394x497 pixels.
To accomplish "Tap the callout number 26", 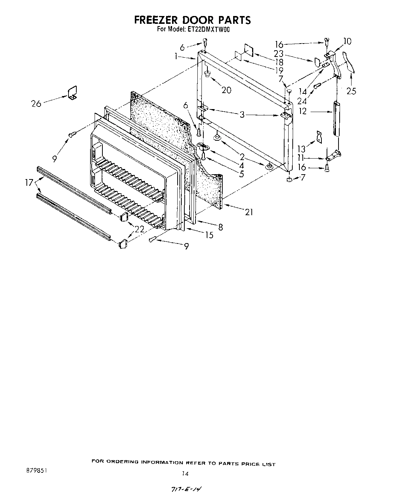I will tap(36, 103).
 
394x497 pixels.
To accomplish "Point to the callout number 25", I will tap(351, 90).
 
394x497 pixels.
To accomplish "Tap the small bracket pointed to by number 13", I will tap(319, 136).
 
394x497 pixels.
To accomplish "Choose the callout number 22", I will tap(139, 229).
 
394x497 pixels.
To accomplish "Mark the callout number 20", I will tap(226, 90).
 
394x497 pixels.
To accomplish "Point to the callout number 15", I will tap(209, 235).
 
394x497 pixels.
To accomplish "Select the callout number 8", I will tap(220, 227).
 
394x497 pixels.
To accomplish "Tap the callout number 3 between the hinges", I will tap(242, 115).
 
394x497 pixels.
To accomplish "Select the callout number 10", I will tap(347, 41).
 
